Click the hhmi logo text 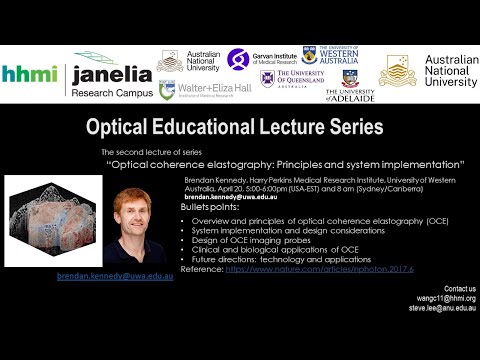(30, 74)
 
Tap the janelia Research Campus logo (108, 74)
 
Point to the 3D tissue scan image (46, 219)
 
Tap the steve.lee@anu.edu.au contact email (439, 308)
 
